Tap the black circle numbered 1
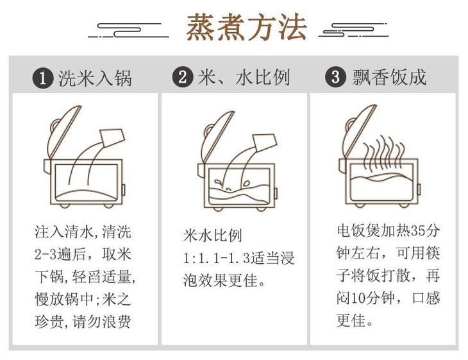tap(43, 79)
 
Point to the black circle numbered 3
tap(335, 78)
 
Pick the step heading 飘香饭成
tap(389, 78)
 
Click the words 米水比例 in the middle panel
tap(212, 235)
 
